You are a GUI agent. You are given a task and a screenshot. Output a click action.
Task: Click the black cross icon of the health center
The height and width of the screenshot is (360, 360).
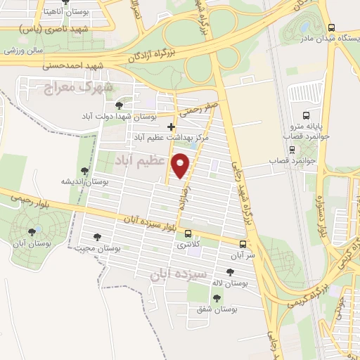pyautogui.click(x=172, y=127)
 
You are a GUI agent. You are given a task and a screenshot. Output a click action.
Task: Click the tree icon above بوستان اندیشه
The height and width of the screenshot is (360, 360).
pyautogui.click(x=84, y=170)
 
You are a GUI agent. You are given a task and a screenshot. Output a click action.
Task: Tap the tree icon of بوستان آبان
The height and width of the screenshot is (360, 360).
pyautogui.click(x=31, y=231)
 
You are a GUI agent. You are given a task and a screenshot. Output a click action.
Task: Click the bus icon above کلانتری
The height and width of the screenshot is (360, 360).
pyautogui.click(x=188, y=233)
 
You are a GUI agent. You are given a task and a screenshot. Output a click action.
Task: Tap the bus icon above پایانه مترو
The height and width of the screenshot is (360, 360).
pyautogui.click(x=305, y=115)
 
